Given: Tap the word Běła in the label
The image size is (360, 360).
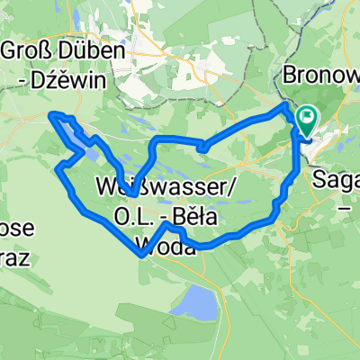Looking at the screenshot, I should click(194, 219).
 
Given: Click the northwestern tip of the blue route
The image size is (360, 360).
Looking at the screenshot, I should click(52, 114).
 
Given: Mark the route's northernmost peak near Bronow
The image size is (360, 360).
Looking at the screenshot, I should click(288, 105).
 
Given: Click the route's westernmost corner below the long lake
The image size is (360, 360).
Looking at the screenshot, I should click(58, 168).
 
